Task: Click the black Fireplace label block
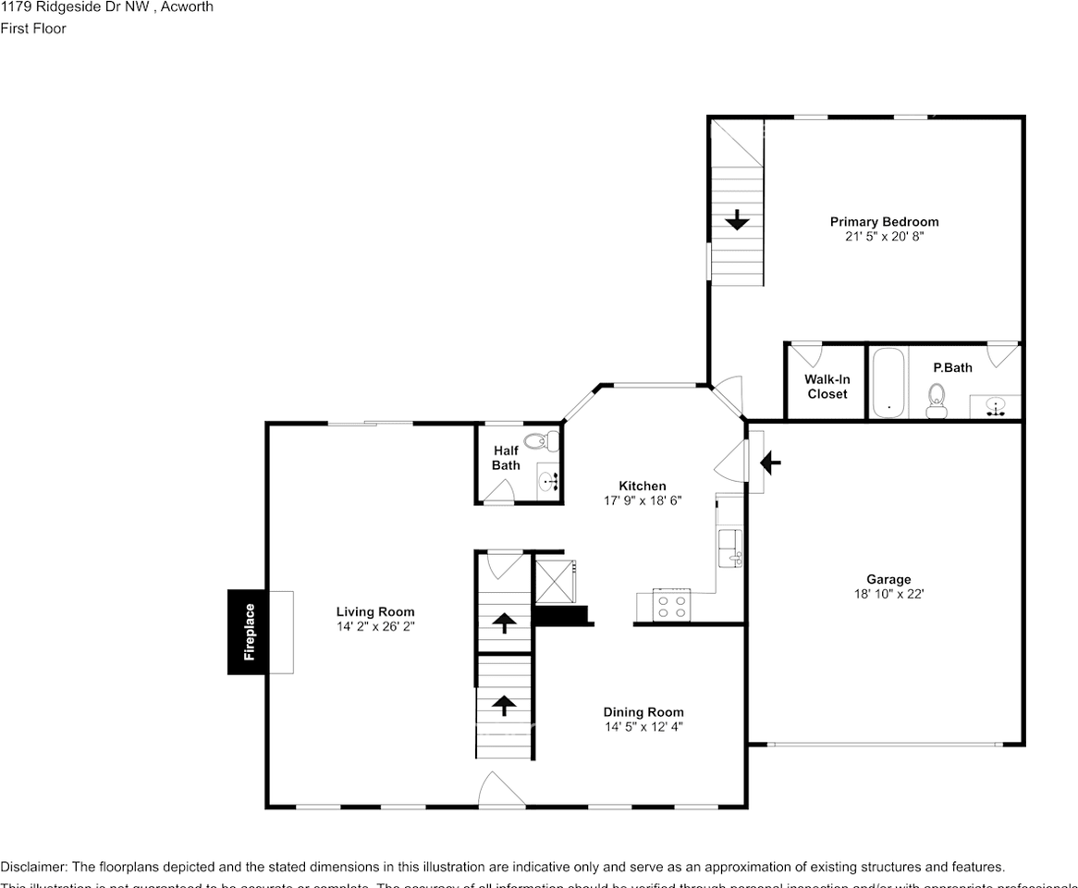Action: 248,632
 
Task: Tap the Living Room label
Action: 375,611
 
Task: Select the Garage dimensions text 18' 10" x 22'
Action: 888,594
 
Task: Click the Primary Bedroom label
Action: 884,221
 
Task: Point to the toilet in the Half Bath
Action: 538,441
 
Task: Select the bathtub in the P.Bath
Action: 888,383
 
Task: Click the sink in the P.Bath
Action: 995,406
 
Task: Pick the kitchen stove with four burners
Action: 671,605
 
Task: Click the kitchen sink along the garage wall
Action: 729,547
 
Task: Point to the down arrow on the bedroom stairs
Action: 737,220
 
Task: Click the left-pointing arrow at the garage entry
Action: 770,462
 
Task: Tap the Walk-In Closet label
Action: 827,387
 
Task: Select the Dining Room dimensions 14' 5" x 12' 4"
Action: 643,727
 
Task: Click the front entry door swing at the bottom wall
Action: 501,790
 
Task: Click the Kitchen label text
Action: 642,486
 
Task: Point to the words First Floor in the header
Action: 33,29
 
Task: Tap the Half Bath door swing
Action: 499,493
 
